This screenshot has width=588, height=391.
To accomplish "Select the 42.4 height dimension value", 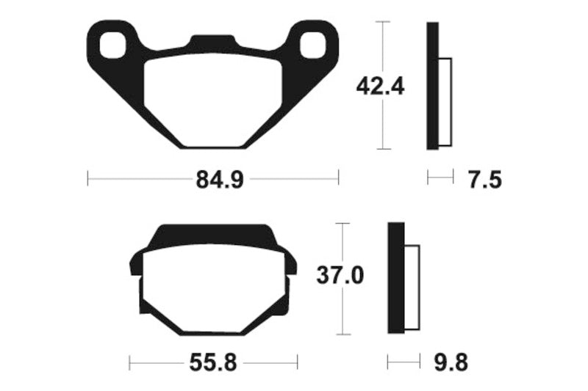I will [x=380, y=86].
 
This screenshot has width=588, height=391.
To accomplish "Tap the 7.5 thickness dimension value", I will [x=485, y=179].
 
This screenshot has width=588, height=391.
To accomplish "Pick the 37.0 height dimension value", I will [x=340, y=277].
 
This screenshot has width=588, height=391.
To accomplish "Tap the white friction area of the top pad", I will [x=212, y=99].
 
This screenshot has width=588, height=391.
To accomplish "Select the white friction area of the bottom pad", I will [x=213, y=286].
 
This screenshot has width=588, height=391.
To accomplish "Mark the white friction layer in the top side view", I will [x=445, y=101].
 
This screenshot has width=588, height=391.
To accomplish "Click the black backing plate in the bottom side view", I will [x=395, y=279].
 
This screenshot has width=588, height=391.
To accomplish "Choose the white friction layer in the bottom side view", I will [x=412, y=287].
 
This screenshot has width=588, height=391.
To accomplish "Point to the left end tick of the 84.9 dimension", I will [x=87, y=178].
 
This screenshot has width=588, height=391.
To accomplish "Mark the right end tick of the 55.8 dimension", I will [x=297, y=362].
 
